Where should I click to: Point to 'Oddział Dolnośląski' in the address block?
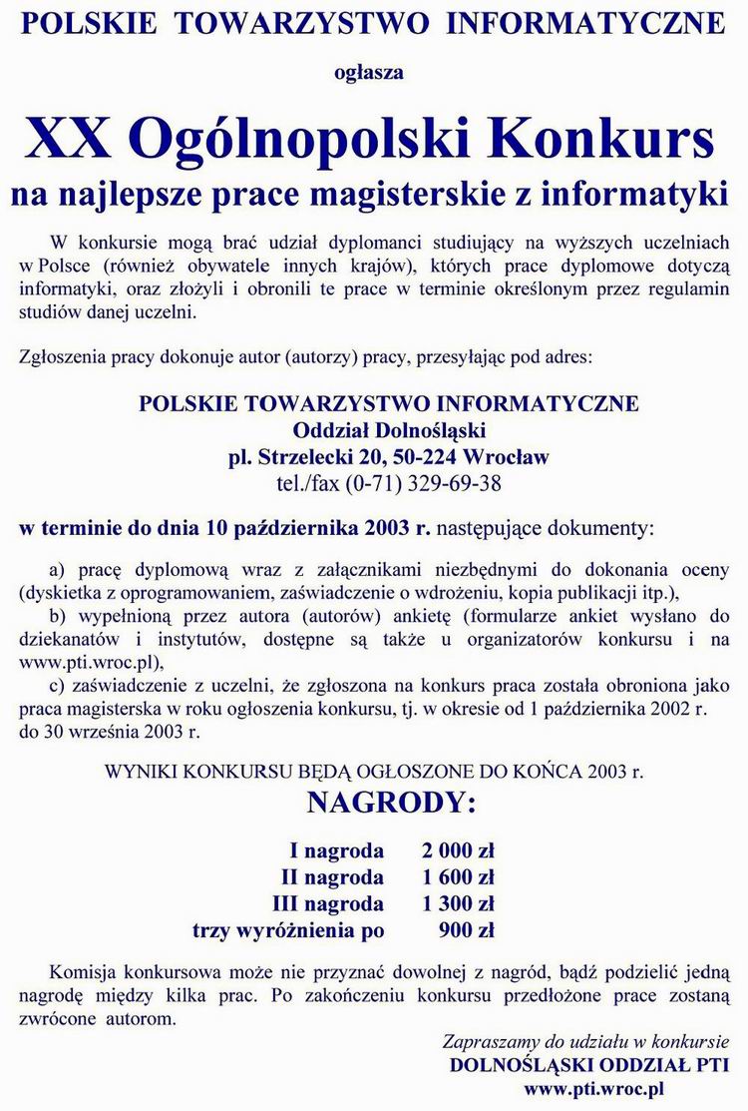click(x=389, y=431)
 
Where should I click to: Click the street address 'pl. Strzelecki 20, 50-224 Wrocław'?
click(x=389, y=458)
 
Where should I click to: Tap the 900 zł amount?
click(x=467, y=930)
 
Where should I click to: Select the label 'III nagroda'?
click(x=328, y=904)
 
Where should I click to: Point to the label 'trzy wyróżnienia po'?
click(x=288, y=930)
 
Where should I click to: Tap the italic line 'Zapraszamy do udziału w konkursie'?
click(x=584, y=1041)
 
